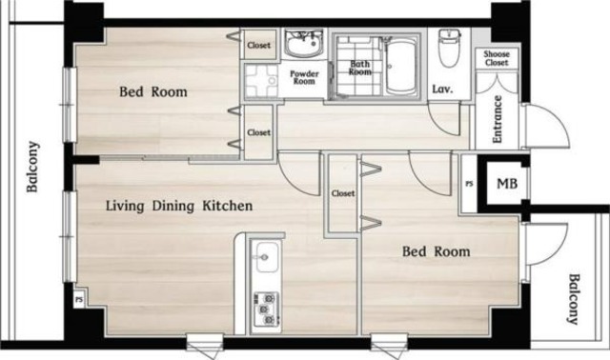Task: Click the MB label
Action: pos(507,184)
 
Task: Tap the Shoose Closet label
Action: pos(497,58)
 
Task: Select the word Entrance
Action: pos(497,119)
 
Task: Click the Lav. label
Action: pos(442,89)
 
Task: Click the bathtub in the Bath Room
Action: pos(400,67)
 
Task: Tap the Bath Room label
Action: pos(360,68)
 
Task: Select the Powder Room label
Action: pos(304,77)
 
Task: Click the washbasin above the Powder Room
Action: pos(303,43)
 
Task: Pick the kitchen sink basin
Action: pos(268,256)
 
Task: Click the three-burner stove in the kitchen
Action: pos(267,310)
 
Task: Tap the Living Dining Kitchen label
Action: pos(179,206)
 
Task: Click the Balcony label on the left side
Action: pos(32,167)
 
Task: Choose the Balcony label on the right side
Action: pos(574,299)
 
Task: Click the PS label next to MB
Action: pos(470,183)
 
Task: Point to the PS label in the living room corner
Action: pos(79,300)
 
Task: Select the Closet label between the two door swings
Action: pos(343,193)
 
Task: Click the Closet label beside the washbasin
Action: pos(258,45)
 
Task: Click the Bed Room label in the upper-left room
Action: pos(153,92)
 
